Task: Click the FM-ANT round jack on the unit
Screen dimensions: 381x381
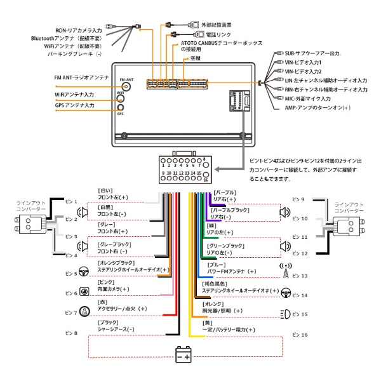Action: (126, 86)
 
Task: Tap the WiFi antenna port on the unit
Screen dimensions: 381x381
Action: (120, 99)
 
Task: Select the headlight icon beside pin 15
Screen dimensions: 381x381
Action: (286, 314)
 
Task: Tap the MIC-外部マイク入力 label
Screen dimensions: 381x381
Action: (307, 99)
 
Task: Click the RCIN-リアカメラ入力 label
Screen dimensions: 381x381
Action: (78, 29)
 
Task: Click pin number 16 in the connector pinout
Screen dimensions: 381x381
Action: (205, 180)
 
